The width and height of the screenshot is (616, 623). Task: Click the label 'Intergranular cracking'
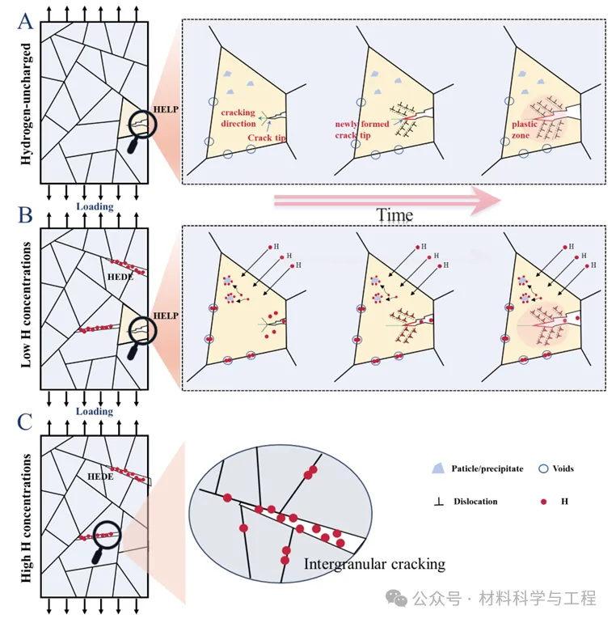point(374,563)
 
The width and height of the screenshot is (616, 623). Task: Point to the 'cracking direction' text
point(238,118)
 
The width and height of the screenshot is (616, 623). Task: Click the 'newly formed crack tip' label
point(362,129)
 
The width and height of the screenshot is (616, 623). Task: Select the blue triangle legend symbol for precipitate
point(438,468)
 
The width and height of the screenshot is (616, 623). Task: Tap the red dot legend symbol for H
point(544,502)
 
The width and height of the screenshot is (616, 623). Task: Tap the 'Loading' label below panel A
point(95,206)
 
